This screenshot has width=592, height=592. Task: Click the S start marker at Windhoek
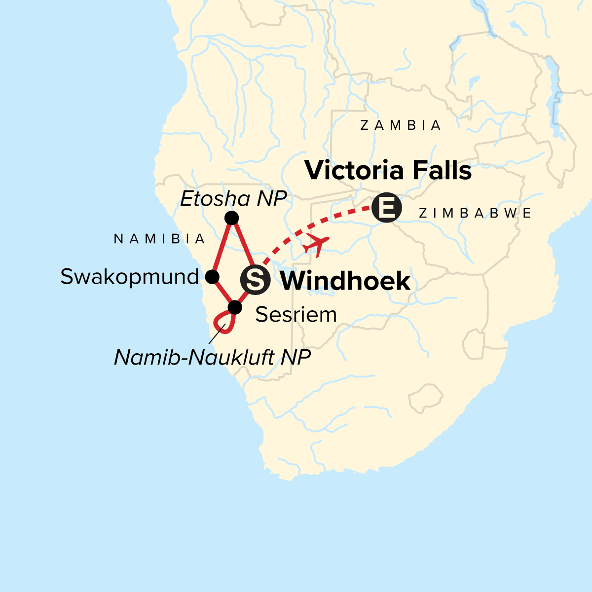255,280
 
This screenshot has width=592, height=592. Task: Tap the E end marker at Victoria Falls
387,207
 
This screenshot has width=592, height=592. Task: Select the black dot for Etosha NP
231,218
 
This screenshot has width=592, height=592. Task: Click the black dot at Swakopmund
212,277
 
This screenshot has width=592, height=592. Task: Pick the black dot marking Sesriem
235,307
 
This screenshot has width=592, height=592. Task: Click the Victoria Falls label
388,170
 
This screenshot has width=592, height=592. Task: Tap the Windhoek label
345,281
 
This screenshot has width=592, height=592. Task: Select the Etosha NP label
233,199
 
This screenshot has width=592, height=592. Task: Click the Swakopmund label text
129,277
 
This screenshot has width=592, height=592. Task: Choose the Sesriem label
296,314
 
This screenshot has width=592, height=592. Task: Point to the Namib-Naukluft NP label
212,357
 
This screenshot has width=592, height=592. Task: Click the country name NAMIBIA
159,239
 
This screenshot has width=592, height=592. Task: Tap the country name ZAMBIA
401,126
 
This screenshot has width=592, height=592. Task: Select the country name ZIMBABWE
475,213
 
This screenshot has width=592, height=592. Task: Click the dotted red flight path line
340,216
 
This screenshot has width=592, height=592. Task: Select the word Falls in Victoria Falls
442,170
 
